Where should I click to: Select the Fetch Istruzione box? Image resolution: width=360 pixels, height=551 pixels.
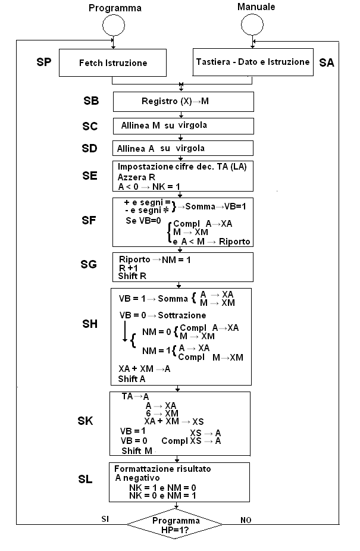113,62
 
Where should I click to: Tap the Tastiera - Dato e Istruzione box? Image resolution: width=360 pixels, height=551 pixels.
252,62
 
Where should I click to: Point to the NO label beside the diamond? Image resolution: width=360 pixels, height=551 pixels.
246,519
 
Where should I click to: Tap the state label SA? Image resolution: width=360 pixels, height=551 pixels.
327,62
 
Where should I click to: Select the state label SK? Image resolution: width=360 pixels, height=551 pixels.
86,421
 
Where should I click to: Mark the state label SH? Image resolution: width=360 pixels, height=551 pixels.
89,324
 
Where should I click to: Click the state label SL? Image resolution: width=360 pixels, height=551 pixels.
86,479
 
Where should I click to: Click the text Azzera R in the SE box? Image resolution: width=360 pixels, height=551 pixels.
137,177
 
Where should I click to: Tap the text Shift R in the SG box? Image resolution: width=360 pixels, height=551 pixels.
132,277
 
